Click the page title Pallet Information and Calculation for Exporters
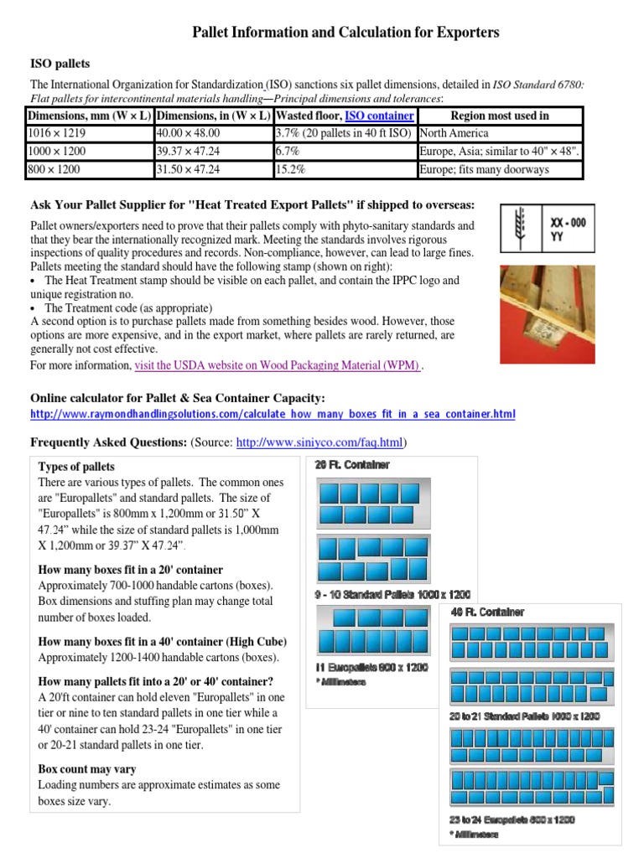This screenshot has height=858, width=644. (x=345, y=33)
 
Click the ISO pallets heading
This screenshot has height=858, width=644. (x=60, y=64)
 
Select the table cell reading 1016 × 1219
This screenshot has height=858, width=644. (x=57, y=133)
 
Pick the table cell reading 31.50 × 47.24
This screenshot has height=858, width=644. (x=189, y=169)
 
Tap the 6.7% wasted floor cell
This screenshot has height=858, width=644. (x=288, y=152)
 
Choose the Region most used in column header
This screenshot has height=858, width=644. (x=499, y=116)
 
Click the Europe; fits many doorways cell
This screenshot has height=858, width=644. (x=486, y=169)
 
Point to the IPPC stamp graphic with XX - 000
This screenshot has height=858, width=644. (x=547, y=229)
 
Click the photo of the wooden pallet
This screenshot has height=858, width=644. (x=547, y=313)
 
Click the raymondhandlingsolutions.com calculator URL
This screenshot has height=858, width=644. (x=273, y=415)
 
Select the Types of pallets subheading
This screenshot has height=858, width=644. (x=77, y=467)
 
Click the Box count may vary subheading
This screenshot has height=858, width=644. (x=87, y=769)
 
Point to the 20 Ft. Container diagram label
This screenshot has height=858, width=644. (x=351, y=464)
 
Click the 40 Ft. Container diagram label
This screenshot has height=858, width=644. (x=487, y=612)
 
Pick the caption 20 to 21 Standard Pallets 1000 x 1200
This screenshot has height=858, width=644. (x=524, y=716)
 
